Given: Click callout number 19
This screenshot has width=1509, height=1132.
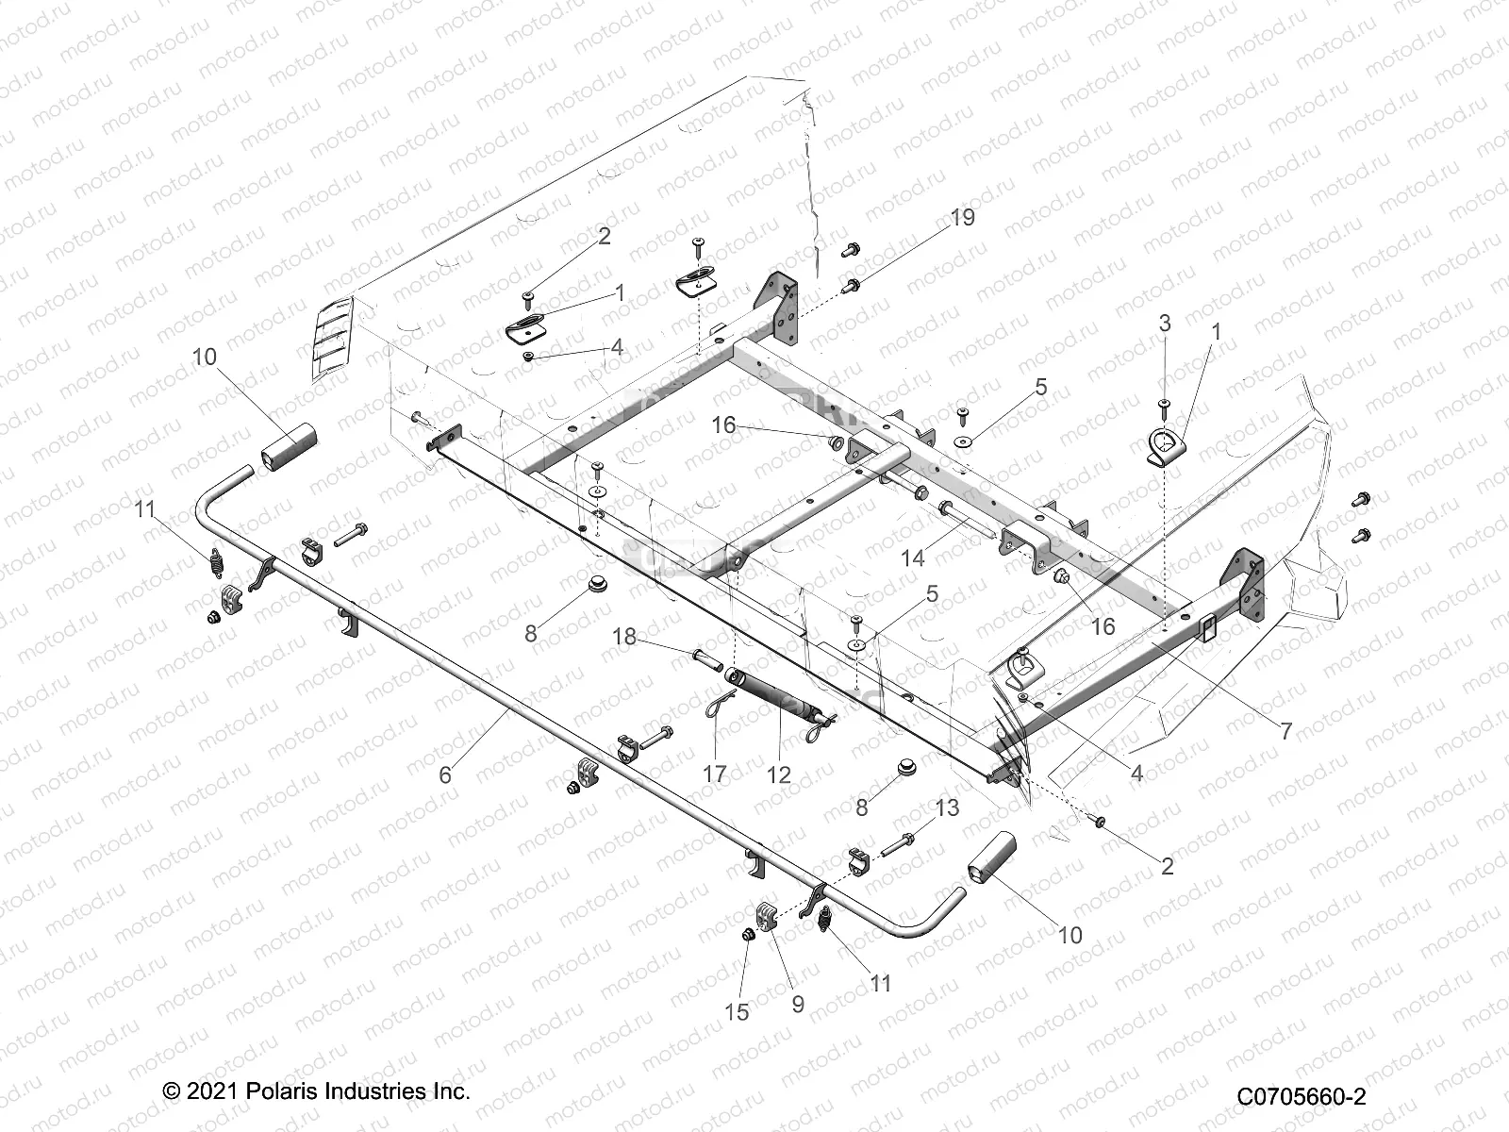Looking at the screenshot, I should (x=962, y=218).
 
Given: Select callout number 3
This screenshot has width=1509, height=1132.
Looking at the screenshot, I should (x=1164, y=323).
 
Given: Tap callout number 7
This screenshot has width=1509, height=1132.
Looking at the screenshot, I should (x=1285, y=732).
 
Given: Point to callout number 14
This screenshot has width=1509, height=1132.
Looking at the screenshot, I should (x=912, y=558).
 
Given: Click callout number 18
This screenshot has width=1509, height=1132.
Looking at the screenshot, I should (x=624, y=637).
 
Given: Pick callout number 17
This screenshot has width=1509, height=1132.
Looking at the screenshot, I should (x=715, y=774).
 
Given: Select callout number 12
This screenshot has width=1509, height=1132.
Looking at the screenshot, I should (x=779, y=774).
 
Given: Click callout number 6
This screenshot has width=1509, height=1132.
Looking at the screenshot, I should (x=445, y=774).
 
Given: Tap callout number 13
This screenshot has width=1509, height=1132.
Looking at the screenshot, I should (x=947, y=807).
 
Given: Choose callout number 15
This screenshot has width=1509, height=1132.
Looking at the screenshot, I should (x=737, y=1011).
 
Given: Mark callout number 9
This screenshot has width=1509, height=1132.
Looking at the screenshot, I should (x=798, y=1004).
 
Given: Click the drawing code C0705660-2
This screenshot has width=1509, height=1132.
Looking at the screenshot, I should (x=1302, y=1096).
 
